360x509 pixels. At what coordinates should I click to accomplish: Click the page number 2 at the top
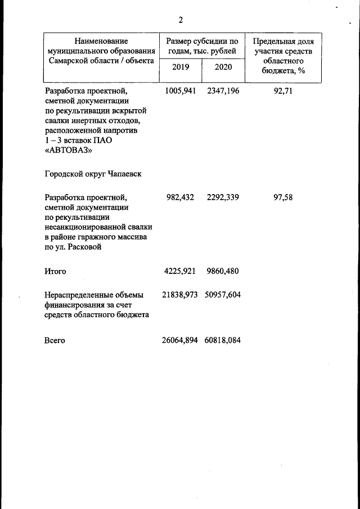coord(181,21)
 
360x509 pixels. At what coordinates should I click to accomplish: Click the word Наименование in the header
coord(101,41)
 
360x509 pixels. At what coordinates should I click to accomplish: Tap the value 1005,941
coord(180,91)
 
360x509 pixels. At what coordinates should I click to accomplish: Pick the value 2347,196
coord(223,91)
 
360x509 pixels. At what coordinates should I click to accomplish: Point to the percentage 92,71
coord(283,91)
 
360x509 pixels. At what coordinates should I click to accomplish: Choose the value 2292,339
coord(223,197)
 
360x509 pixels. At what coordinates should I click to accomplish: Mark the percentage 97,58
coord(283,197)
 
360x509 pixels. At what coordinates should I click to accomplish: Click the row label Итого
coord(56,271)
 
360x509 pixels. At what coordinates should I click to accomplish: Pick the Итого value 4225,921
coord(180,271)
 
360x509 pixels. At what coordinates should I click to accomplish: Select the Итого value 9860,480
coord(223,271)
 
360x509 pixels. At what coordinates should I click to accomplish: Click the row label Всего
coord(55,340)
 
